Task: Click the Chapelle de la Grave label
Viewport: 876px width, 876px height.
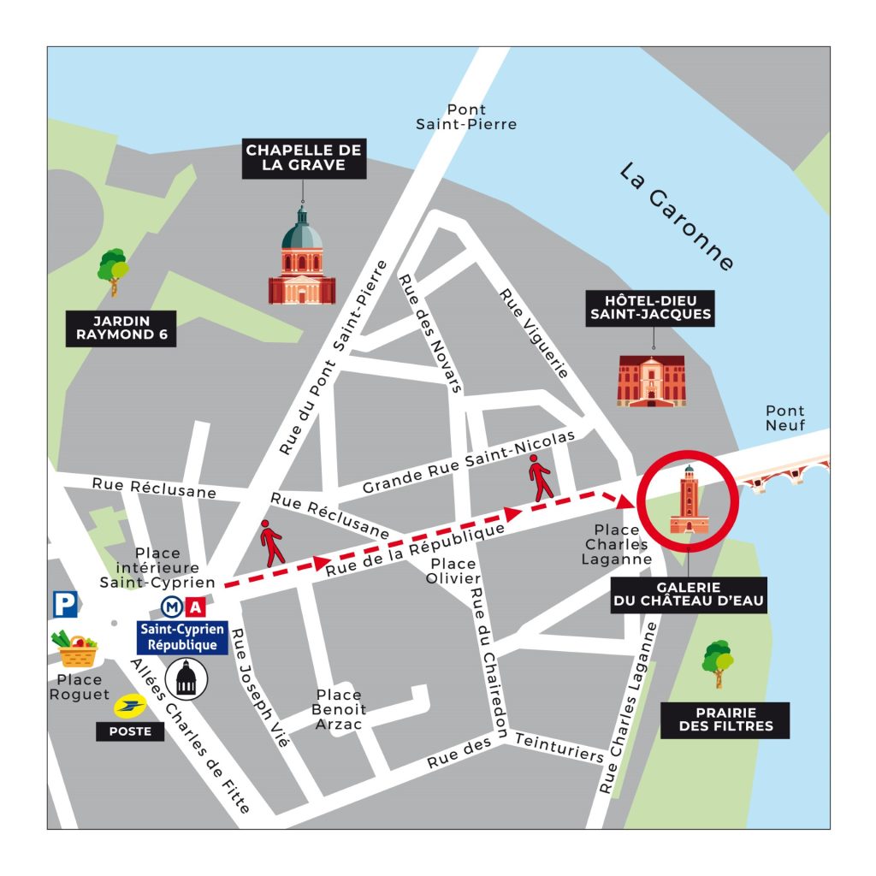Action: [x=304, y=157]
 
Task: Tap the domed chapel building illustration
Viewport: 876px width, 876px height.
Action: [x=302, y=259]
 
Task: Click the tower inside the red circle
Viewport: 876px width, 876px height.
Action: [x=689, y=501]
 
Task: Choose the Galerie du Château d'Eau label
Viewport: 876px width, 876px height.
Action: [x=689, y=595]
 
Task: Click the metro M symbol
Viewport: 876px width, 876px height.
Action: [x=172, y=607]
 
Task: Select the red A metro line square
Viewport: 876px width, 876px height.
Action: [x=195, y=607]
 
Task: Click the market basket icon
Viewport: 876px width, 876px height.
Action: [x=78, y=649]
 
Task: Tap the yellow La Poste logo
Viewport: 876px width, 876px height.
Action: [x=130, y=706]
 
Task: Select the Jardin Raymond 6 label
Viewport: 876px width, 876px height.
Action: [x=121, y=328]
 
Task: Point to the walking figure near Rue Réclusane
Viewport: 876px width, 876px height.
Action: [x=272, y=542]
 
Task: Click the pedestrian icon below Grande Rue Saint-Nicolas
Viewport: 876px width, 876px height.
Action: [x=541, y=478]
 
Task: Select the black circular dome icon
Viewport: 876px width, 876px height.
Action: [x=186, y=678]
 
